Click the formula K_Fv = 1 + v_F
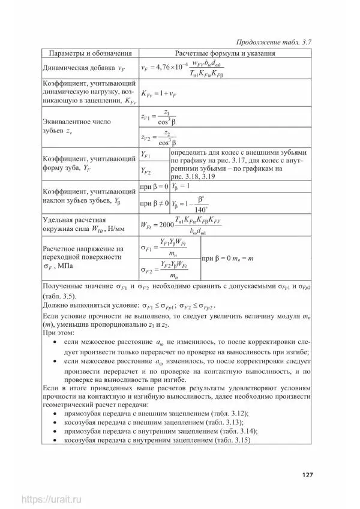pos(158,94)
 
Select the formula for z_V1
pos(157,118)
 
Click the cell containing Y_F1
pos(146,155)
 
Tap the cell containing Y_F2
pos(146,171)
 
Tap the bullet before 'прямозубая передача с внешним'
pos(56,414)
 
